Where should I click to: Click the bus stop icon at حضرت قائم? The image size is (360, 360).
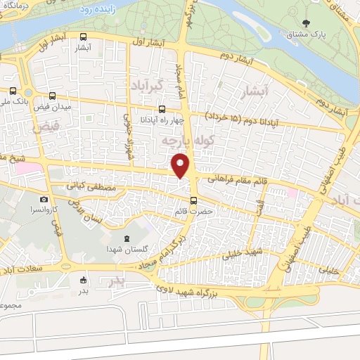coord(193,200)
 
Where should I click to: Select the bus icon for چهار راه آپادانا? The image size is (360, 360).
coord(162,109)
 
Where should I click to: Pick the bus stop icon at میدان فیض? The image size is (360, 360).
coord(53,96)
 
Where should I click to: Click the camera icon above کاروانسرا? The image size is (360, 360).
coord(44,200)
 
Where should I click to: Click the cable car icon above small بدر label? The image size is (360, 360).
coord(84,280)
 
